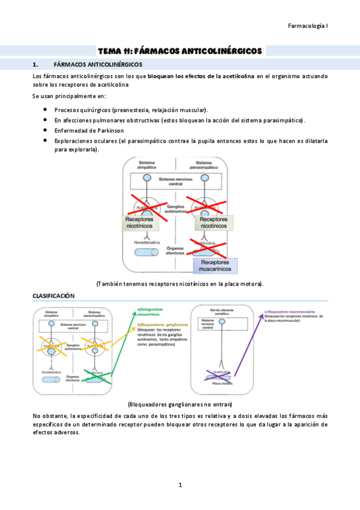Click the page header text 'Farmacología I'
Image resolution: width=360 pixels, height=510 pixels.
308,26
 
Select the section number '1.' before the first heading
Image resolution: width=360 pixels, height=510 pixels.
35,63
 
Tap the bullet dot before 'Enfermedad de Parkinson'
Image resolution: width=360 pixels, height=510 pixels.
46,130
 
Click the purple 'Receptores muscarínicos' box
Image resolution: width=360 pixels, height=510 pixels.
216,266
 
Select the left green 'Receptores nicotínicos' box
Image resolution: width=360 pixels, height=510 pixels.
139,224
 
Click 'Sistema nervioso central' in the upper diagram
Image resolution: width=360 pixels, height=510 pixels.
175,182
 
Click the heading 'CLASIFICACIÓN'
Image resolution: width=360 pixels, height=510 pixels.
53,296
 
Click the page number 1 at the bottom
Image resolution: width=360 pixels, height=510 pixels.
180,485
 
